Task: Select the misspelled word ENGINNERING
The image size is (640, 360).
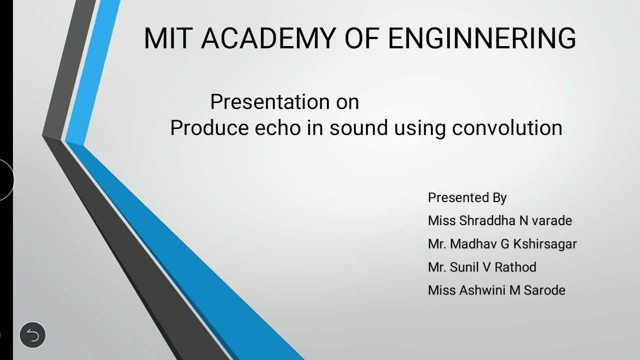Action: click(482, 38)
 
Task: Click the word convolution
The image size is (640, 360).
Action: click(507, 128)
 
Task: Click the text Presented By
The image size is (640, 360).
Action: click(467, 198)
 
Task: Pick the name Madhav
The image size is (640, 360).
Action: click(472, 244)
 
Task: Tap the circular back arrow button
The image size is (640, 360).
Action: click(32, 335)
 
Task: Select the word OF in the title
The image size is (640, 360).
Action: click(361, 38)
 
